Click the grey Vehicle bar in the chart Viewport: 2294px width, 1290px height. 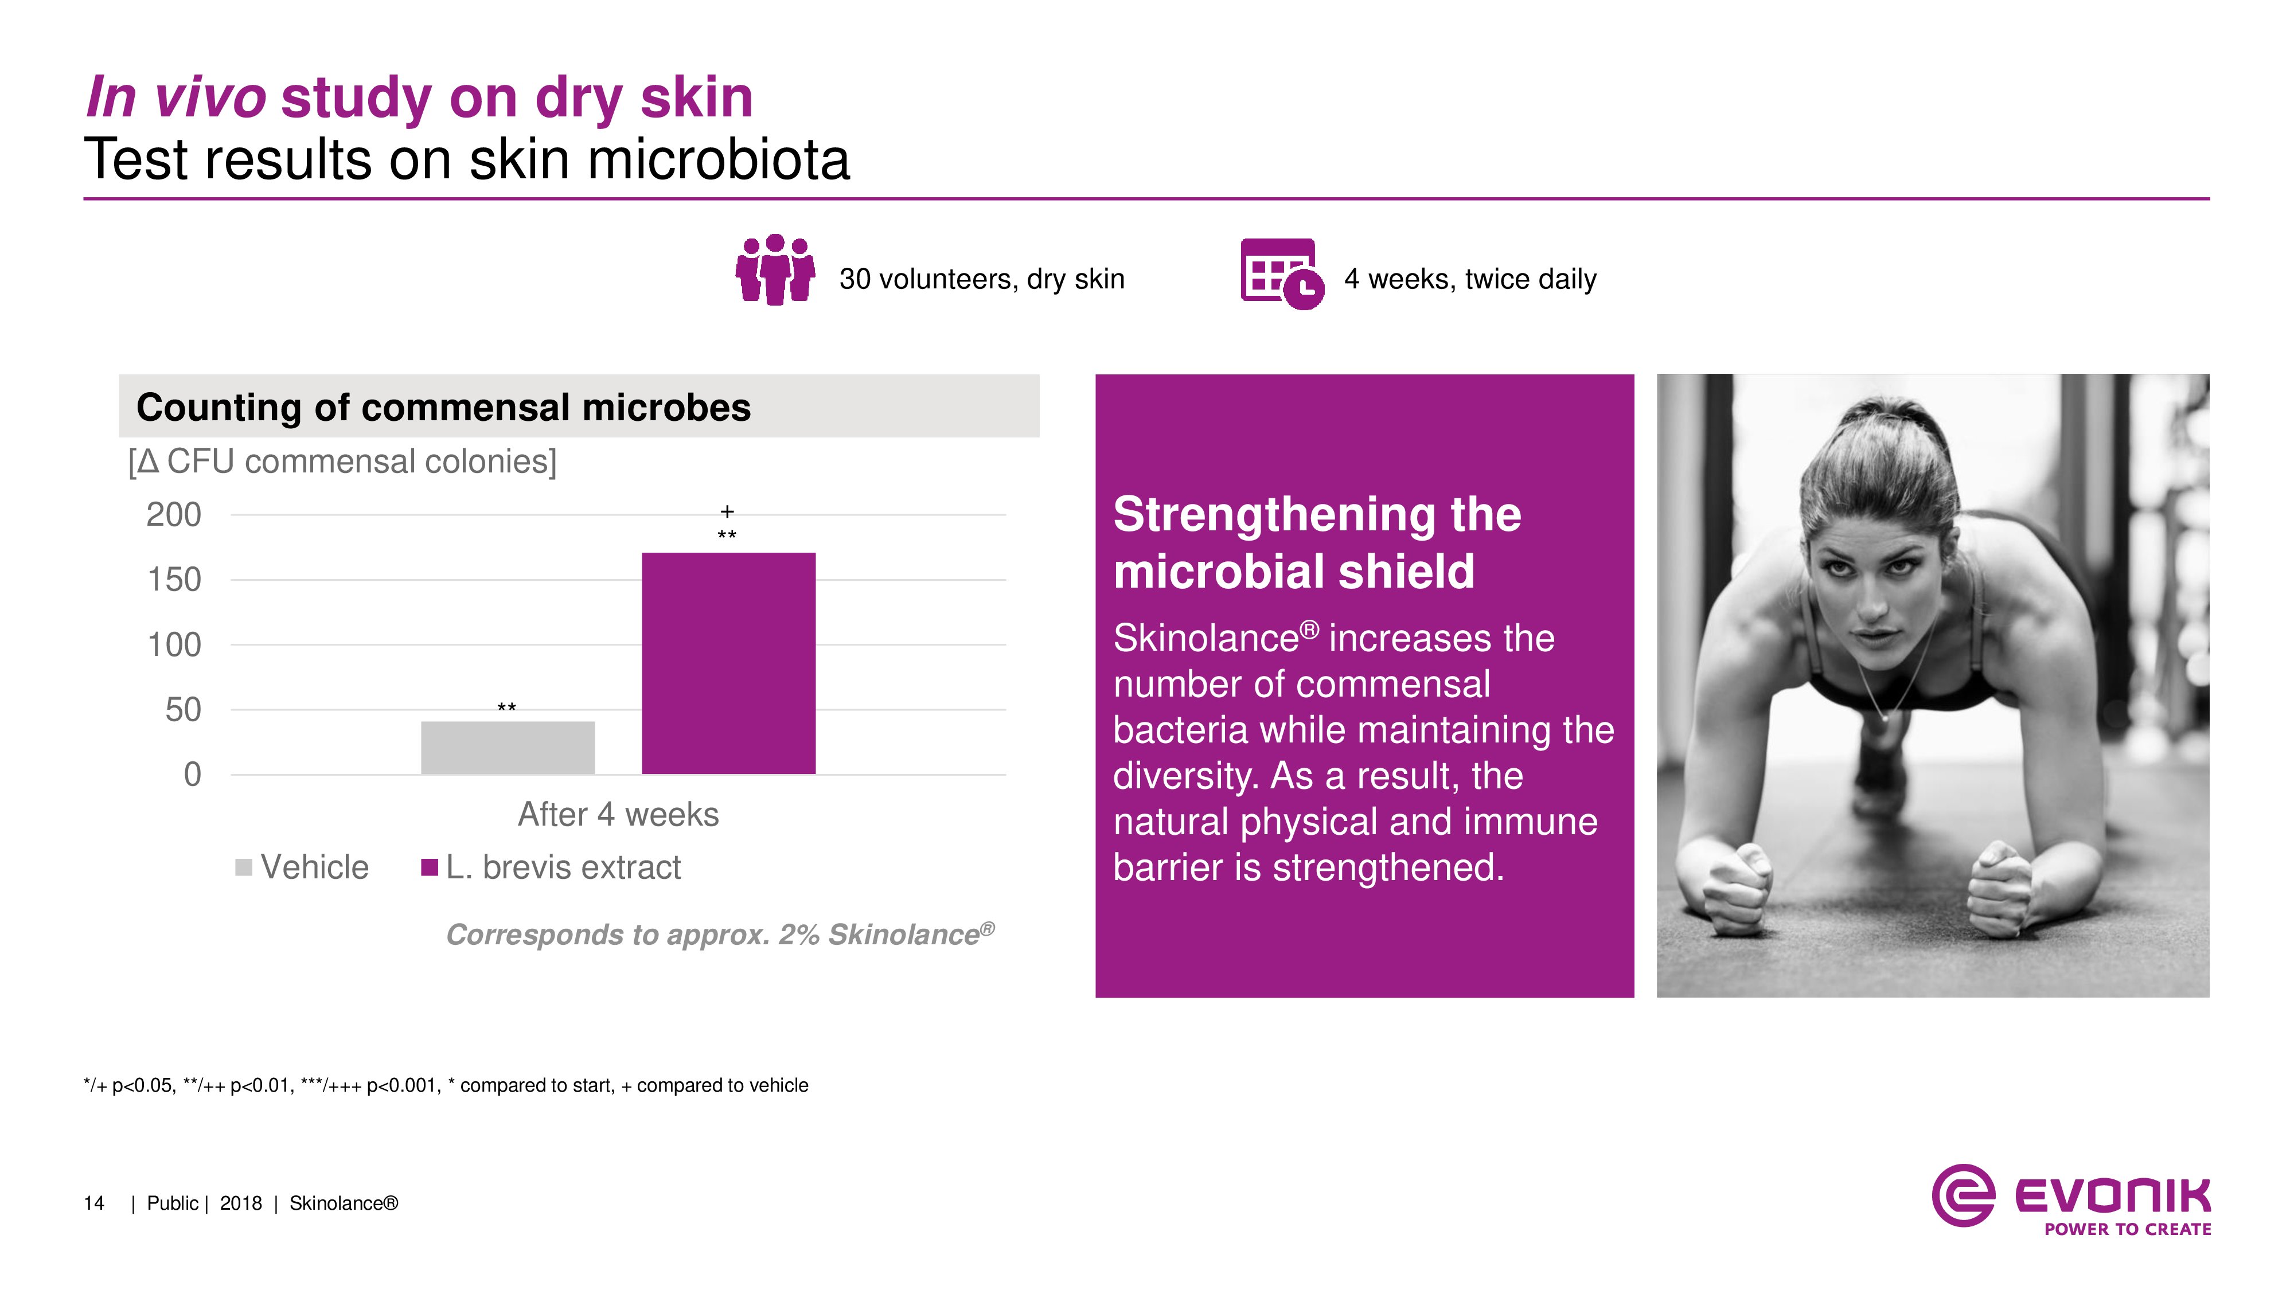508,748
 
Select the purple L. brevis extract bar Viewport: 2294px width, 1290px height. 728,663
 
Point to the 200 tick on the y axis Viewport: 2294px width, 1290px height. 174,515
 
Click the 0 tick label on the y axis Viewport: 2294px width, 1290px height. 192,775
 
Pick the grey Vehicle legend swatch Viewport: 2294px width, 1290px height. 243,867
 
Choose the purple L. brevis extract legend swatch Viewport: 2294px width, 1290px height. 429,867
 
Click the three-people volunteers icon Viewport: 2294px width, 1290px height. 775,269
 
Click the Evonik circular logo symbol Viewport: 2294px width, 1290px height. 1963,1195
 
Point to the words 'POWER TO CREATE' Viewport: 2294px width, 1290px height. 2128,1229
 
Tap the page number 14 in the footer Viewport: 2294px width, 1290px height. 93,1203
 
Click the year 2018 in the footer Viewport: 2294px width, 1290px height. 240,1203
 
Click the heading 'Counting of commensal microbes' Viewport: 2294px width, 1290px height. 443,408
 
